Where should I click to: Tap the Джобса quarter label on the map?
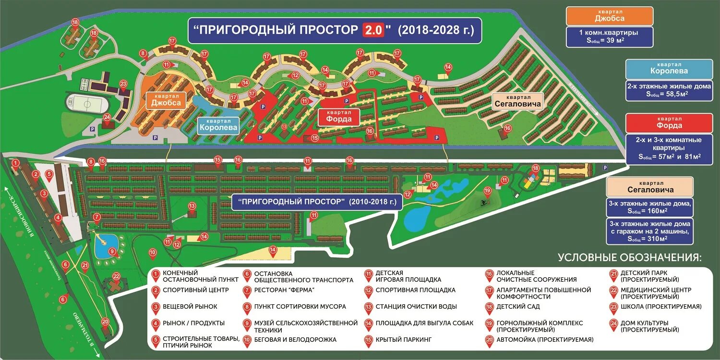pos(166,100)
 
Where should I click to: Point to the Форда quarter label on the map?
pos(339,117)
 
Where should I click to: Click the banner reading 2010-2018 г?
pos(317,201)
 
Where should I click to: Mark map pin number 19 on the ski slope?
pos(488,191)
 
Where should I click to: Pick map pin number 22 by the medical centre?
pos(116,276)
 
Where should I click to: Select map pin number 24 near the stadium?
pos(107,117)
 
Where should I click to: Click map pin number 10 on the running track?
pos(153,252)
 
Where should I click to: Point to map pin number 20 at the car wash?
pos(106,323)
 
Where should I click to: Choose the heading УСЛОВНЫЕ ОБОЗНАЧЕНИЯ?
pos(629,258)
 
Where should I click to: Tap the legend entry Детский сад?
pos(518,306)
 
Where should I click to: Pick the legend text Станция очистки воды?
pos(416,306)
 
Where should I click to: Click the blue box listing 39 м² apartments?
pos(609,36)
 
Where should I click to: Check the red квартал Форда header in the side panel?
pos(669,123)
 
